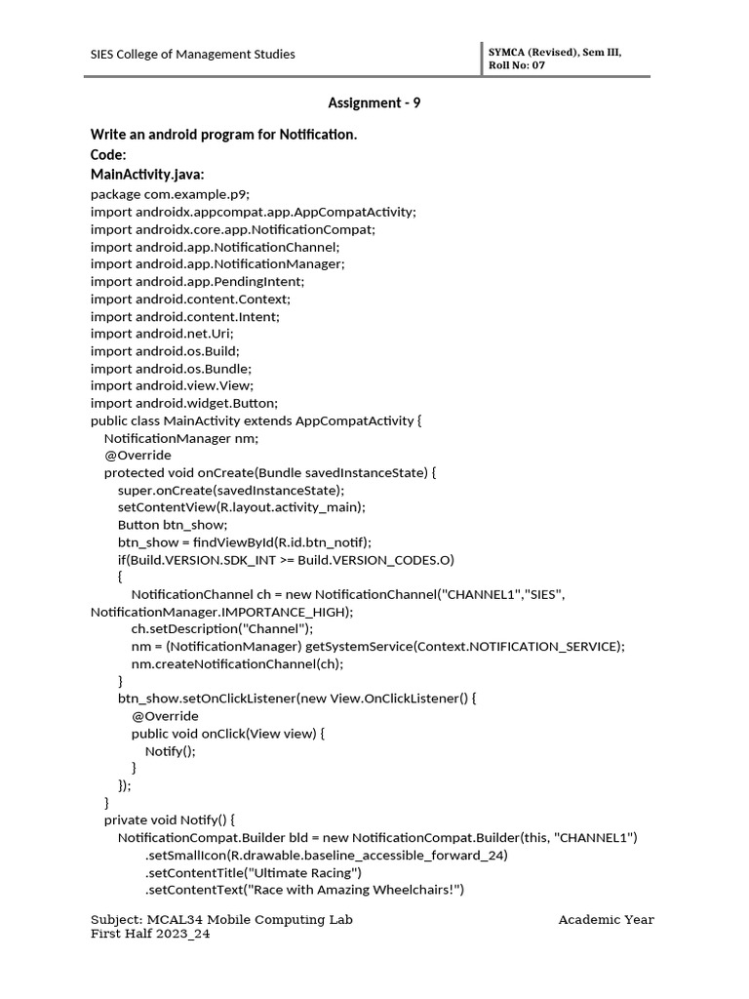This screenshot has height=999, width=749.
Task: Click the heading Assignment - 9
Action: point(374,102)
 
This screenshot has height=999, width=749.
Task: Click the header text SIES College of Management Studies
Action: point(193,55)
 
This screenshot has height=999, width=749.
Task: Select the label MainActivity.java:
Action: point(147,175)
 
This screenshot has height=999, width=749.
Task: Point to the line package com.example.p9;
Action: point(178,194)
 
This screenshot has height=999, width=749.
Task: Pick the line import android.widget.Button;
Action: point(184,404)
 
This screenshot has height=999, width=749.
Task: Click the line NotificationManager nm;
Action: point(181,438)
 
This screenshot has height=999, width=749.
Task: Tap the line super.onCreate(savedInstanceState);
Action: point(231,490)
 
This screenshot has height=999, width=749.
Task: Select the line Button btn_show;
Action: point(172,525)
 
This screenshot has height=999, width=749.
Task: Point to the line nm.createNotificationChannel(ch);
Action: point(237,664)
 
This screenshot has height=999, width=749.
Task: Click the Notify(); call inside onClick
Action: point(171,751)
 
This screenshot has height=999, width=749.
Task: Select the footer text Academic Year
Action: point(606,920)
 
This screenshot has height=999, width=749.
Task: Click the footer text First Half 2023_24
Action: point(150,934)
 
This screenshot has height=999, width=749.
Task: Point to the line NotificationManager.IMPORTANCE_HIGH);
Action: point(221,612)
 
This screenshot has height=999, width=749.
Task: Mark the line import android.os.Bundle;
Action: point(171,369)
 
